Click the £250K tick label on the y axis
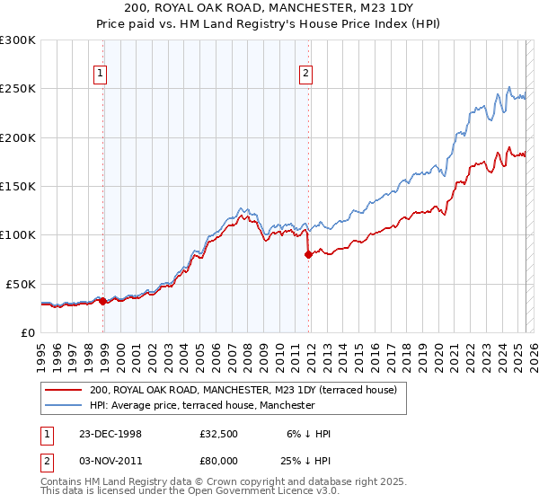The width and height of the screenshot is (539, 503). click(17, 89)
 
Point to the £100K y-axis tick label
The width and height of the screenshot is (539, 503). click(17, 234)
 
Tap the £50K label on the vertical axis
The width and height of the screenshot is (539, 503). click(21, 284)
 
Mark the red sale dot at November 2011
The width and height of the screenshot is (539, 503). click(308, 254)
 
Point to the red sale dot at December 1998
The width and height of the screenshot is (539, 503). click(103, 301)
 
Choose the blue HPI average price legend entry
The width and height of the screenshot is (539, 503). click(202, 405)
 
